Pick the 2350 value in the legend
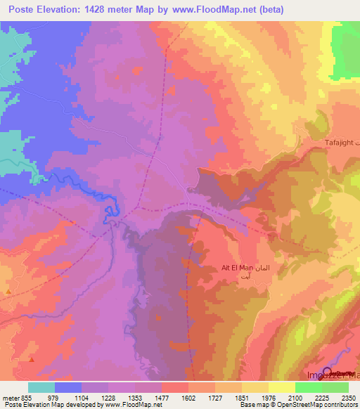(x=340, y=397)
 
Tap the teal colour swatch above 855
(x=41, y=387)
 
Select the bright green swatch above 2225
(x=309, y=387)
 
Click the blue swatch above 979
(x=67, y=387)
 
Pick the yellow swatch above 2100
(x=282, y=387)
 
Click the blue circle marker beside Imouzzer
(x=327, y=371)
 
